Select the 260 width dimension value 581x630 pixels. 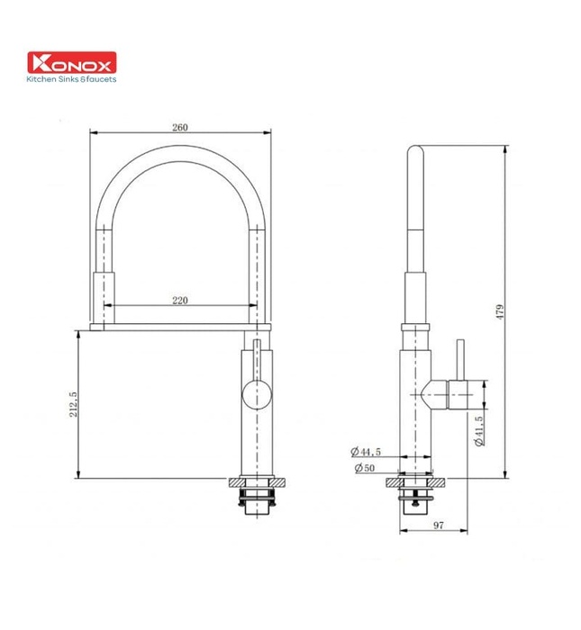pos(180,128)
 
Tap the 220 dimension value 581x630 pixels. pos(180,301)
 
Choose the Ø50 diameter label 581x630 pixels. pos(364,468)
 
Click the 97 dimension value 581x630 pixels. pos(435,523)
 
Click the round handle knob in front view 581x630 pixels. pos(256,394)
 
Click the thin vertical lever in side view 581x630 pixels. pos(458,360)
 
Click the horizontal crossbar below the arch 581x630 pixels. pos(180,321)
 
